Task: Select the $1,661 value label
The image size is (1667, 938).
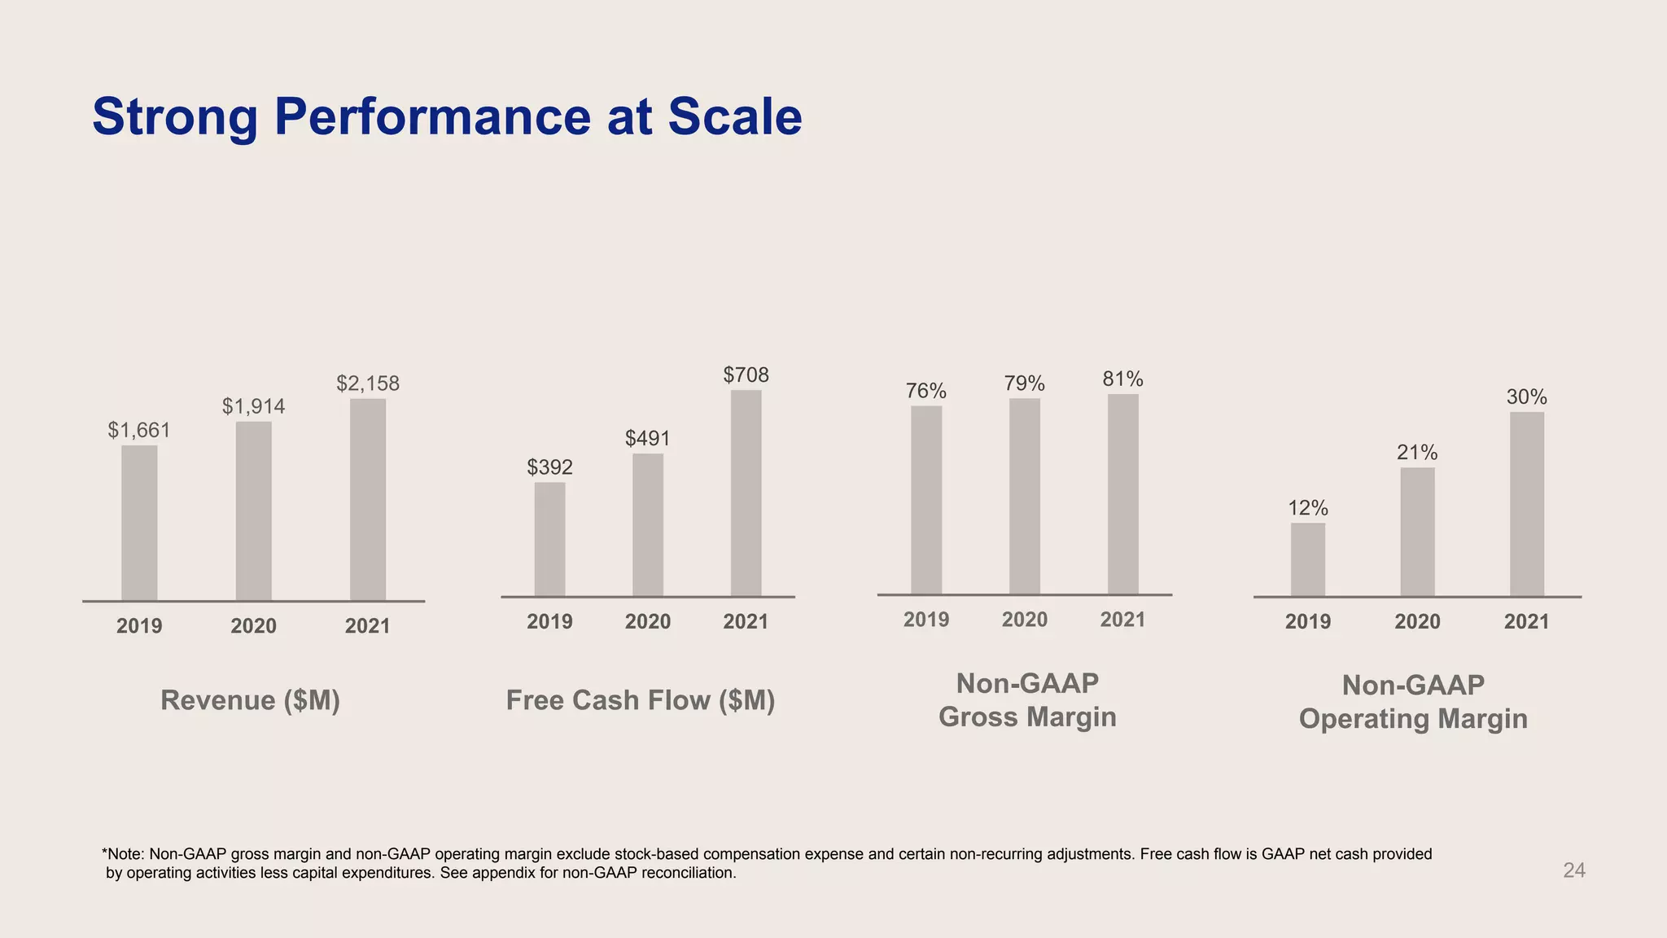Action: [x=139, y=430]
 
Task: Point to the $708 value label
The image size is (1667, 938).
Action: [x=746, y=375]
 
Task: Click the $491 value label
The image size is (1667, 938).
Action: [x=647, y=439]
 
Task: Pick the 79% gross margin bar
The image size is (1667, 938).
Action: [x=1024, y=496]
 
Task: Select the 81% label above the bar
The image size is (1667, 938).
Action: [x=1122, y=379]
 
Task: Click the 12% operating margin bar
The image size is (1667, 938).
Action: [x=1307, y=559]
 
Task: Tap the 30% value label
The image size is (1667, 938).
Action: [x=1526, y=397]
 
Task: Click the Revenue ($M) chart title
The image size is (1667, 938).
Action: [x=250, y=700]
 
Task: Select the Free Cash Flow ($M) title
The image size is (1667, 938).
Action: [x=641, y=700]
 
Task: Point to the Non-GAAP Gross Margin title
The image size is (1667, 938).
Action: [x=1027, y=700]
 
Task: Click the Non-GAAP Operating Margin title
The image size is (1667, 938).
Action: [x=1413, y=702]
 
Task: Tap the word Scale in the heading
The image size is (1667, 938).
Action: [x=734, y=116]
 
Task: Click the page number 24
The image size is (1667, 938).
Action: [x=1573, y=870]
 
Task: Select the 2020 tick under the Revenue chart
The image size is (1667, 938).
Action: [x=253, y=626]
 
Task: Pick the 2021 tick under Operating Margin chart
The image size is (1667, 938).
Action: [x=1526, y=622]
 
